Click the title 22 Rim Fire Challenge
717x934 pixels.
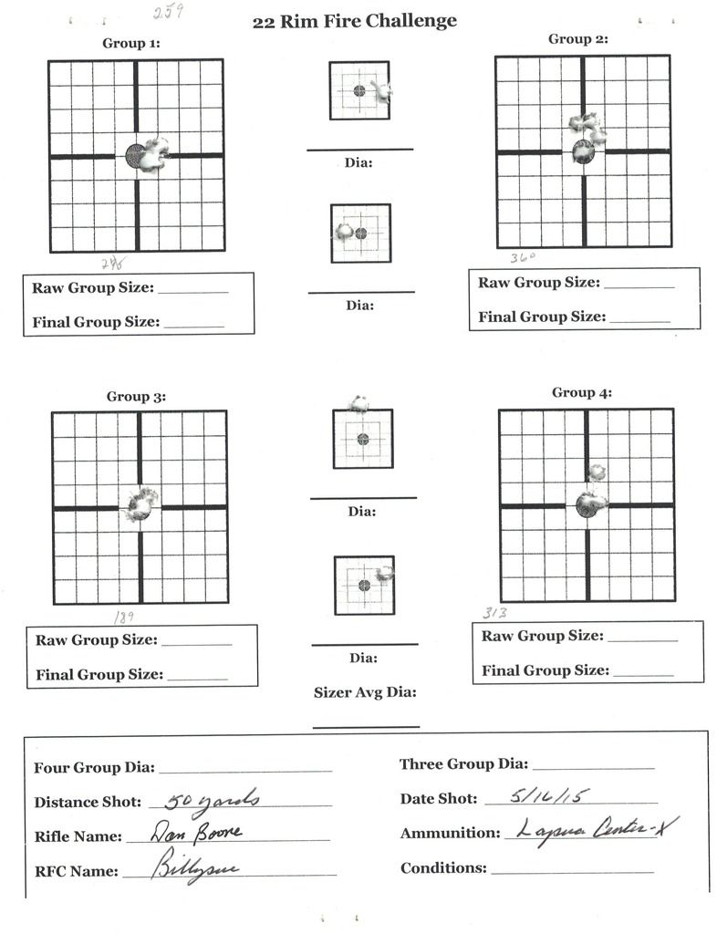355,22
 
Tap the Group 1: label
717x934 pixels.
131,43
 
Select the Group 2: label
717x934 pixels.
578,39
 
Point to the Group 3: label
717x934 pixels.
136,397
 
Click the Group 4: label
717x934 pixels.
582,393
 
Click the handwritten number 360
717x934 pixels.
523,258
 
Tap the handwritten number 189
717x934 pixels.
124,617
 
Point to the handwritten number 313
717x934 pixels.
495,613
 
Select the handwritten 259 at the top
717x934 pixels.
168,13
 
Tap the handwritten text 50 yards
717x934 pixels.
213,801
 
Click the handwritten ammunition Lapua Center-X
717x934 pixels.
597,830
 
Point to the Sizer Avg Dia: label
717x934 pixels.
365,693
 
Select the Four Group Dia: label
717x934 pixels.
94,768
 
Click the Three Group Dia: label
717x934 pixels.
463,764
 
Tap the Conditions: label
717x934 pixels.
443,868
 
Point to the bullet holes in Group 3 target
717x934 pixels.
141,503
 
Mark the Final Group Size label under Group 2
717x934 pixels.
541,317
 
